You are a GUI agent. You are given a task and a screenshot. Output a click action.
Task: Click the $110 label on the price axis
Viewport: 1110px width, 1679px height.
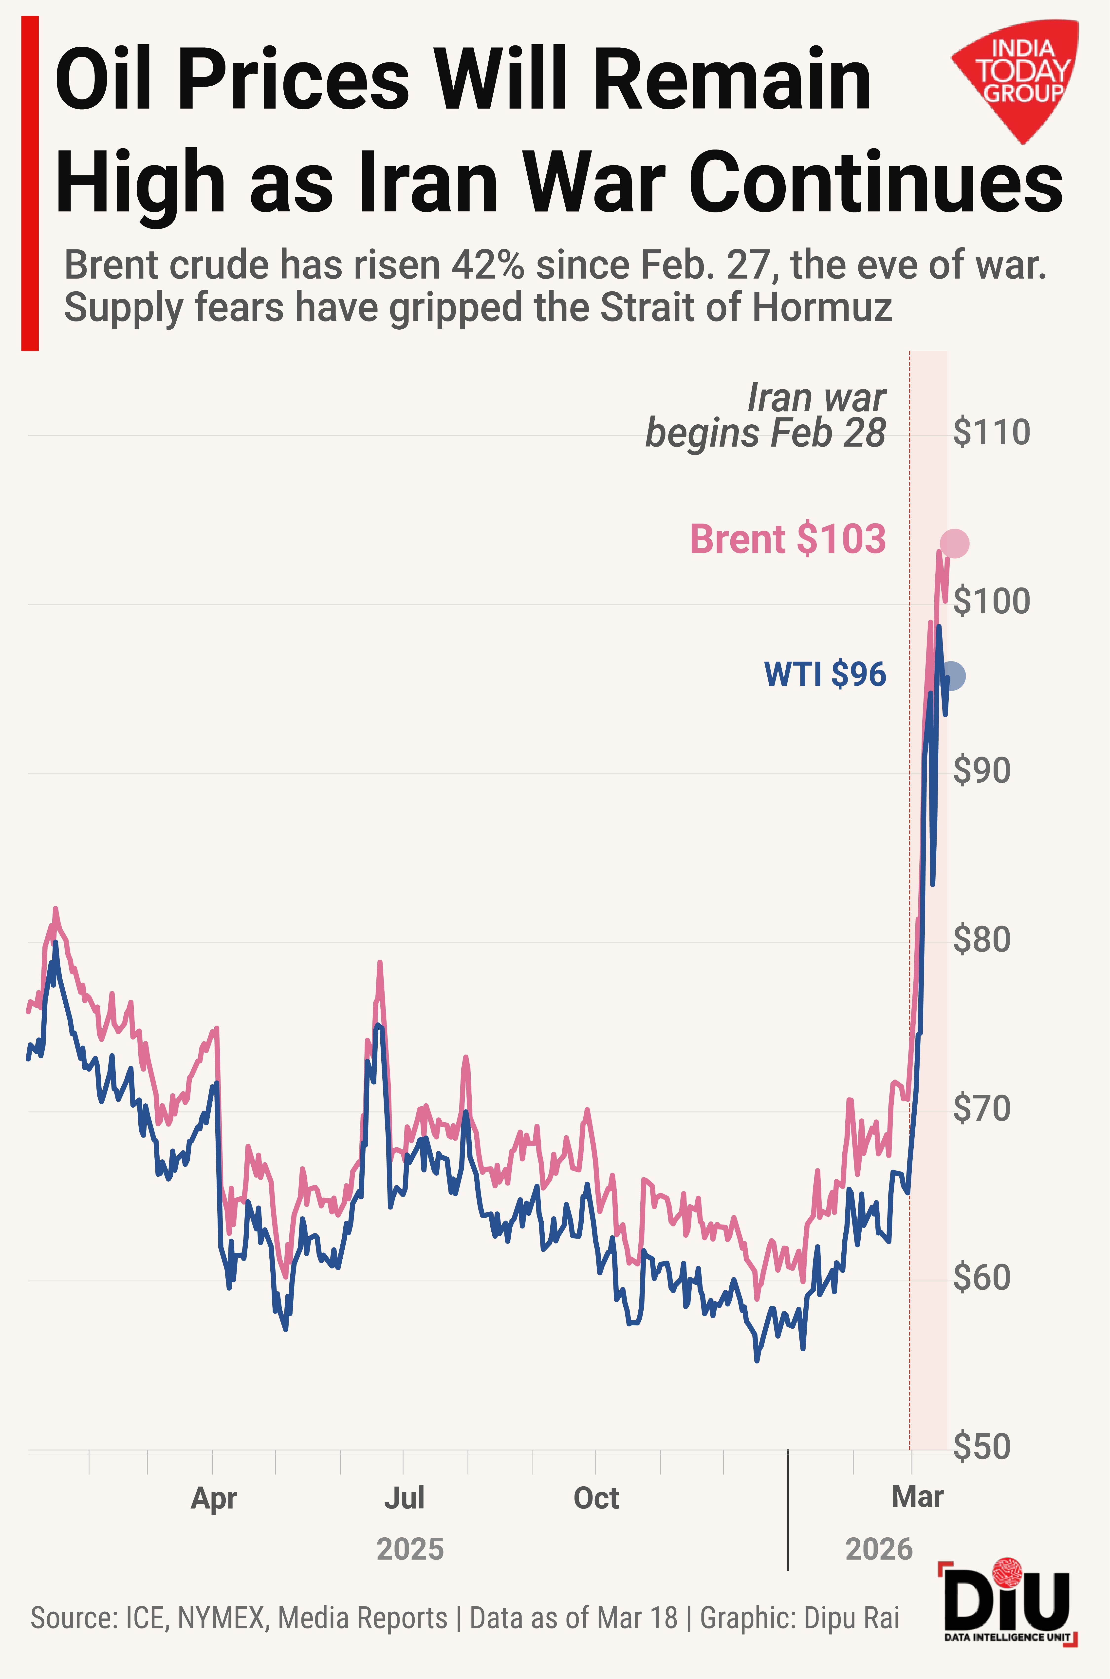pos(991,433)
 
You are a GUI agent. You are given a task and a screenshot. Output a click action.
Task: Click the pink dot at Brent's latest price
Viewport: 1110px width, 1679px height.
pos(954,544)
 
